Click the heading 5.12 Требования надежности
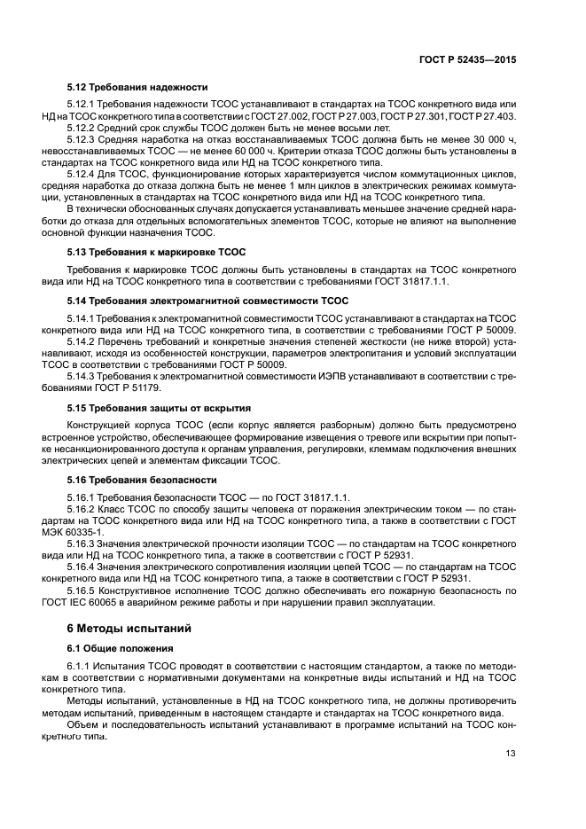(x=137, y=87)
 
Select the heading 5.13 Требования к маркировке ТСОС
(x=156, y=252)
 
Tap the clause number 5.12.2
(x=82, y=129)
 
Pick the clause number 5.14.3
(x=82, y=376)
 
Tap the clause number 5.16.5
(x=82, y=590)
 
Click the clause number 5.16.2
(x=82, y=509)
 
